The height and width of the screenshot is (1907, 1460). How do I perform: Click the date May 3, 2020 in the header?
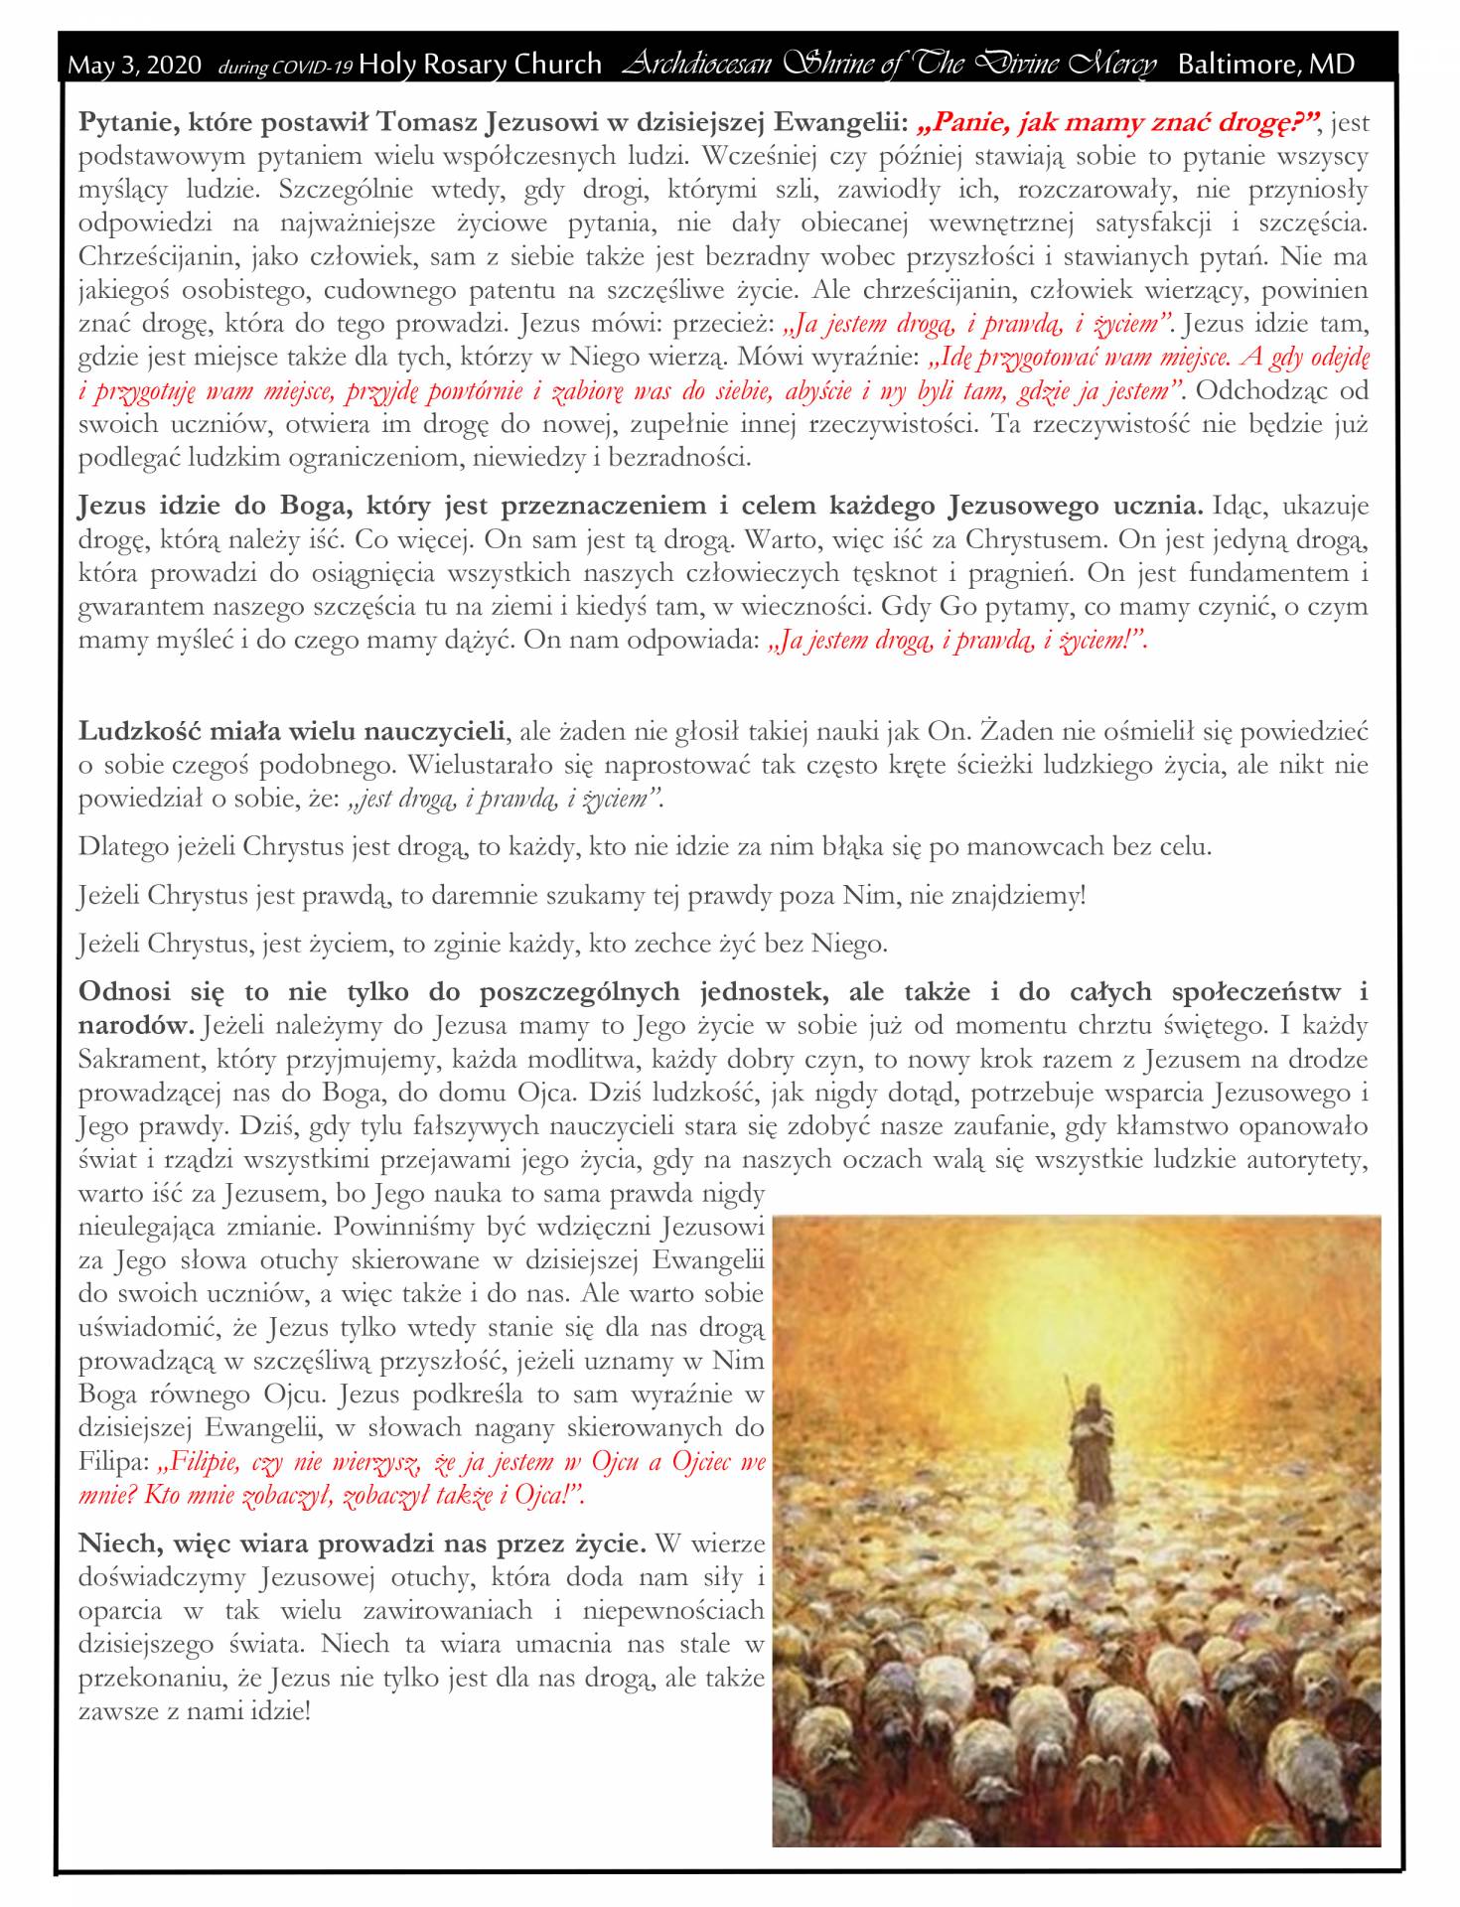[x=135, y=66]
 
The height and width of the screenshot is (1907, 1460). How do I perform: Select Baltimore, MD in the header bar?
[x=1265, y=65]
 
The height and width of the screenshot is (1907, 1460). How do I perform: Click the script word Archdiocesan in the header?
[x=696, y=65]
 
